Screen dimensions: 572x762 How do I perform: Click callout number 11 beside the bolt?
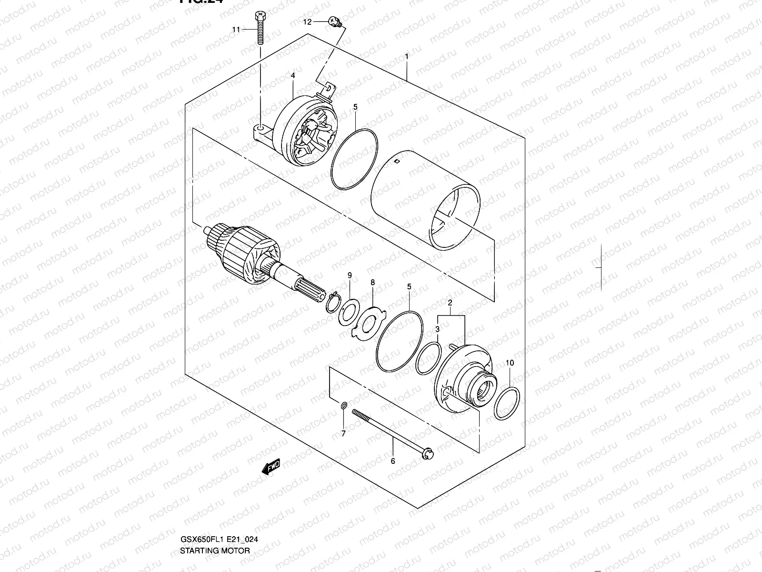[x=236, y=30]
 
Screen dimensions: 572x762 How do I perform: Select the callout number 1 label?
[x=407, y=57]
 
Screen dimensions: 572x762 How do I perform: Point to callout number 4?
[x=293, y=76]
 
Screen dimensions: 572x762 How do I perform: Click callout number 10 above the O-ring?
[x=510, y=363]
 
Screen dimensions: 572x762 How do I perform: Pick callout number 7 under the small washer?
[x=343, y=433]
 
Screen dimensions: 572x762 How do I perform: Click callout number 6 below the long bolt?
[x=393, y=461]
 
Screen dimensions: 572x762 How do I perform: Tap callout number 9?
[x=350, y=276]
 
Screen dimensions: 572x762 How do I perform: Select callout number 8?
[x=373, y=283]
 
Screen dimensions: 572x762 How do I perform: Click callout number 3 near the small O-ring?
[x=437, y=329]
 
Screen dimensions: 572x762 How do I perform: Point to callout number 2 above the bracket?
[x=450, y=303]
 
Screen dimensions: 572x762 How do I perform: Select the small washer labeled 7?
[x=343, y=406]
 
